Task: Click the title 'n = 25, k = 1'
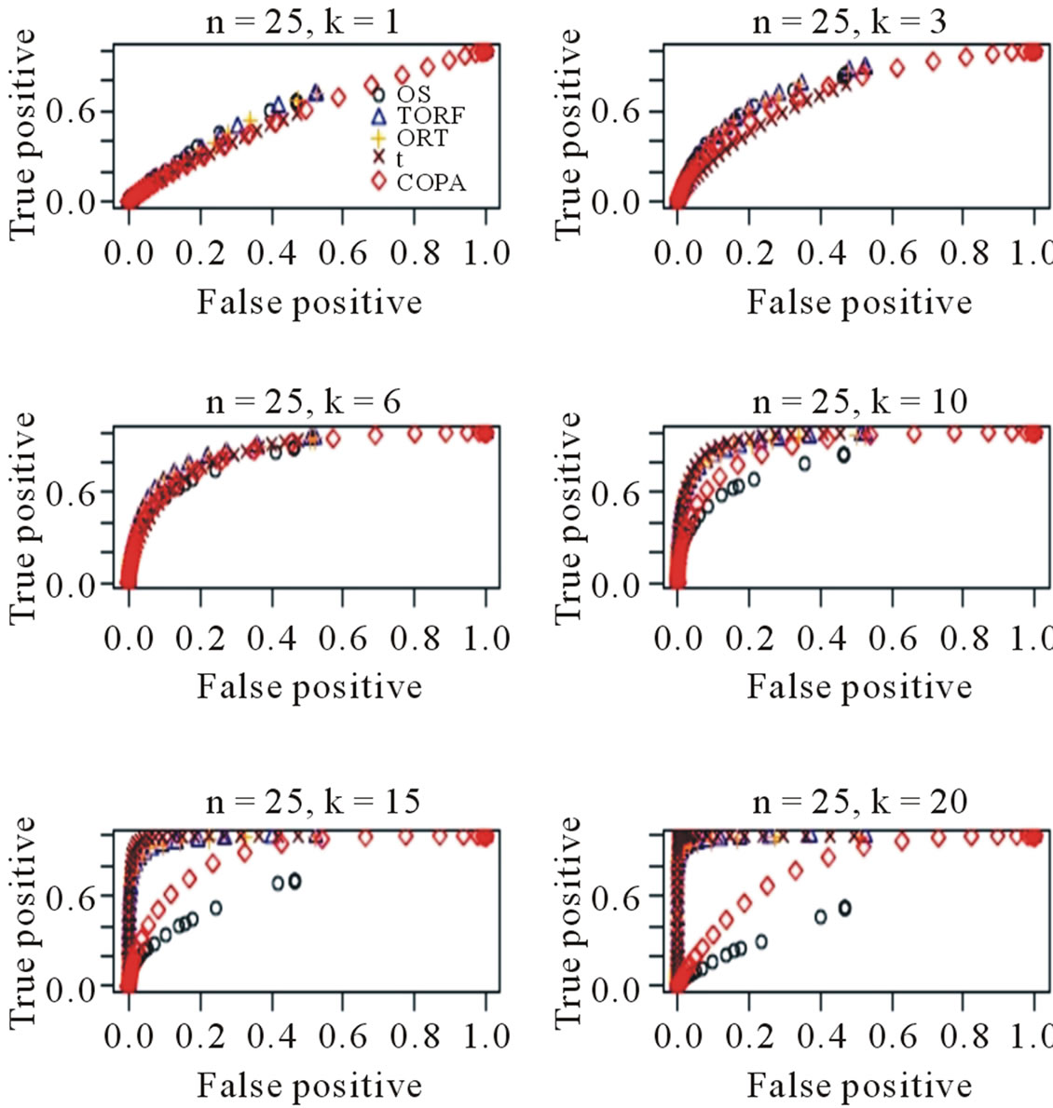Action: click(302, 21)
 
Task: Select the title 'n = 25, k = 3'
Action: click(849, 21)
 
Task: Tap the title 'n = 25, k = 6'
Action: click(302, 402)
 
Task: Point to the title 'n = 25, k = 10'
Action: click(859, 402)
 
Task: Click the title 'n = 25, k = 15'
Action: click(311, 802)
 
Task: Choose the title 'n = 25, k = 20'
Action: click(859, 802)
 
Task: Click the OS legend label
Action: click(414, 94)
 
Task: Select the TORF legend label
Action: click(431, 116)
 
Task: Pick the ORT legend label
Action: click(422, 138)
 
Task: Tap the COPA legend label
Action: click(431, 182)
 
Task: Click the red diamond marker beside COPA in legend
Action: click(378, 182)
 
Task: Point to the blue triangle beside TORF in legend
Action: click(378, 115)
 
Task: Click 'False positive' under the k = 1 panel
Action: click(309, 303)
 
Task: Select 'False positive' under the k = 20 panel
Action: click(859, 1086)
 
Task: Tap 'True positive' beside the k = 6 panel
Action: click(22, 519)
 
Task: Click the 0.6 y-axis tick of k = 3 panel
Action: click(616, 112)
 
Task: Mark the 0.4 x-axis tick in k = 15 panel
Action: click(272, 1037)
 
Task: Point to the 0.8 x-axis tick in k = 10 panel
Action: click(964, 639)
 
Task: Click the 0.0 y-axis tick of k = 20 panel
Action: click(616, 988)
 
